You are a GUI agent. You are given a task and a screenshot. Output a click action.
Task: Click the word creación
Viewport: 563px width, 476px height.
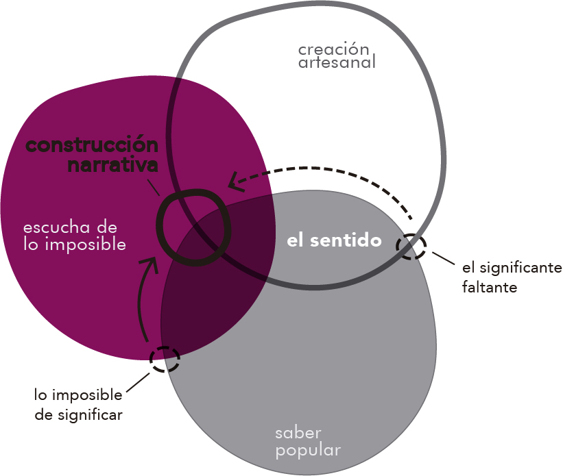(x=333, y=49)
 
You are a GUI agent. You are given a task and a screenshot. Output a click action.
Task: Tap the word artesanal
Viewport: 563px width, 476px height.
(x=337, y=63)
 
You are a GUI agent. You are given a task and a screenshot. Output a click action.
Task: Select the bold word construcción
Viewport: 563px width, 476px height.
(x=91, y=146)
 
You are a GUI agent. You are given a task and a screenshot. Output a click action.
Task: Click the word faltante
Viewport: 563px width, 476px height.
(x=490, y=286)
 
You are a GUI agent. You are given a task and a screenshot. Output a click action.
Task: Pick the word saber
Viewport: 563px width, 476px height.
(x=298, y=433)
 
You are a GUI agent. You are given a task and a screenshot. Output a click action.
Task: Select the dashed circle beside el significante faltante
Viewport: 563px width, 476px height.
(x=411, y=247)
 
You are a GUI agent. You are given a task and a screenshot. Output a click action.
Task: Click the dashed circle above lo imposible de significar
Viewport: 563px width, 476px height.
(x=165, y=358)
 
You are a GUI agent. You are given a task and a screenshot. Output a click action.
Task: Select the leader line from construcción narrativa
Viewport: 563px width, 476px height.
(x=155, y=186)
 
